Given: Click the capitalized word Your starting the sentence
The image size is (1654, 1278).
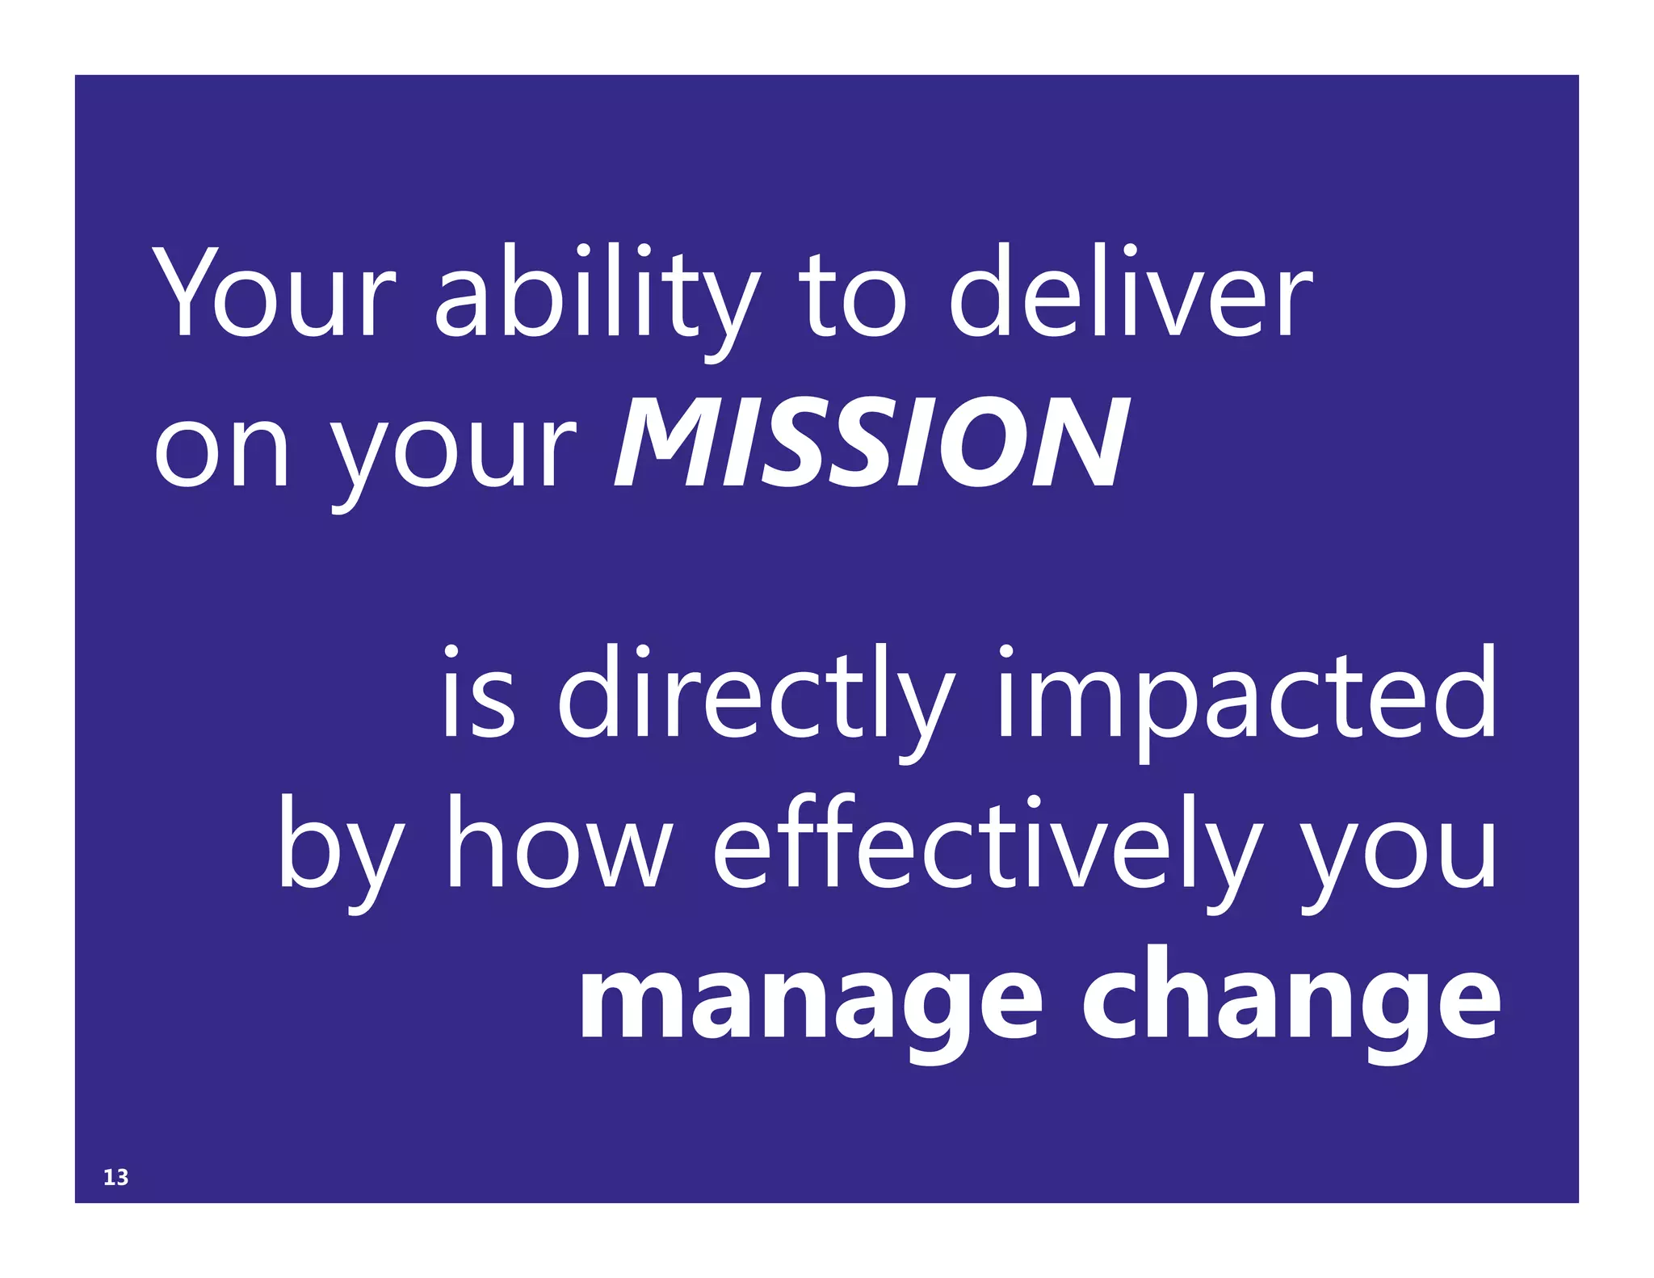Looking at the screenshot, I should click(x=275, y=292).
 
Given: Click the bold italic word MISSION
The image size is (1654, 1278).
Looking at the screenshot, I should click(x=872, y=443).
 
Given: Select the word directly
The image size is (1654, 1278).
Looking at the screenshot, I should click(x=755, y=700).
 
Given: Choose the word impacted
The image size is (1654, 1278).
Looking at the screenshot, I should click(x=1247, y=700).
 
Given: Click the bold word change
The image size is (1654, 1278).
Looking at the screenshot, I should click(x=1291, y=1002).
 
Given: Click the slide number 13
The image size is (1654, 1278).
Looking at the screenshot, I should click(x=115, y=1178).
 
